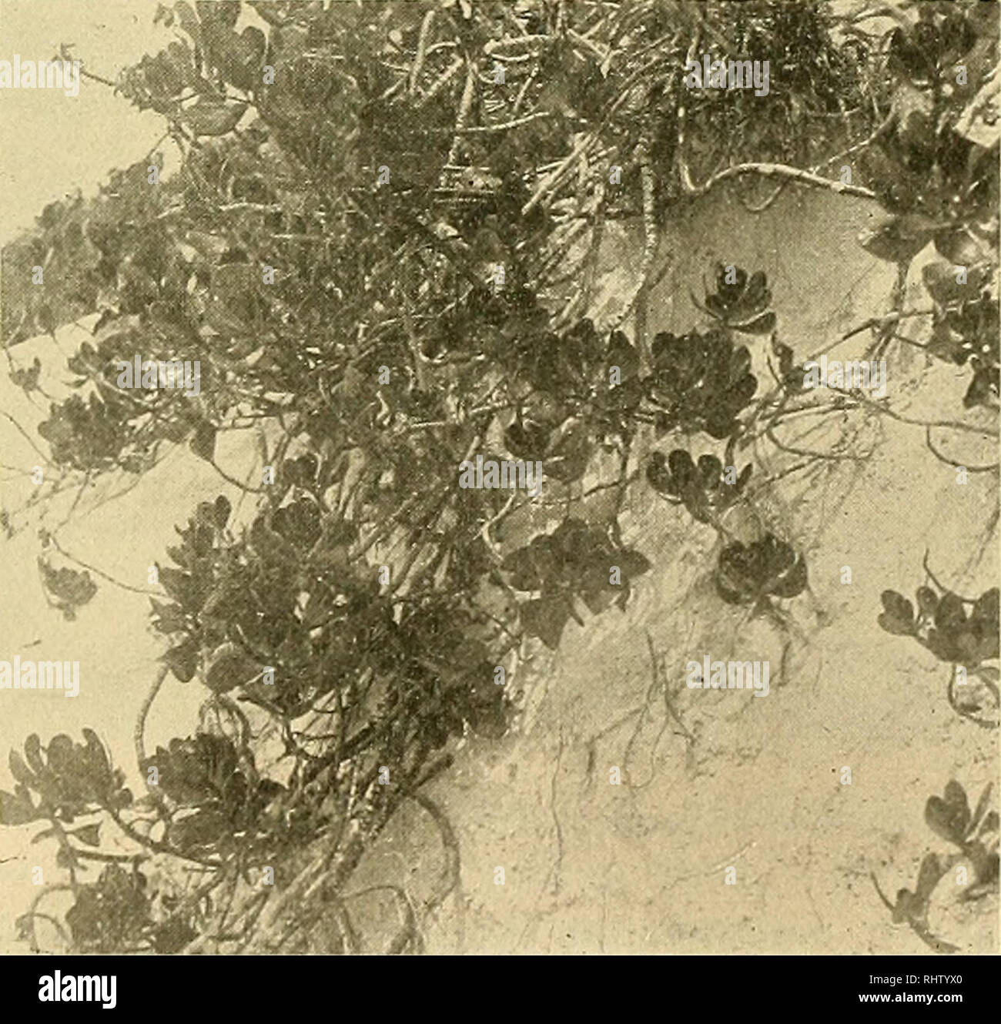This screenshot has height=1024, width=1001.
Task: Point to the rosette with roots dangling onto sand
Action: [758, 570]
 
